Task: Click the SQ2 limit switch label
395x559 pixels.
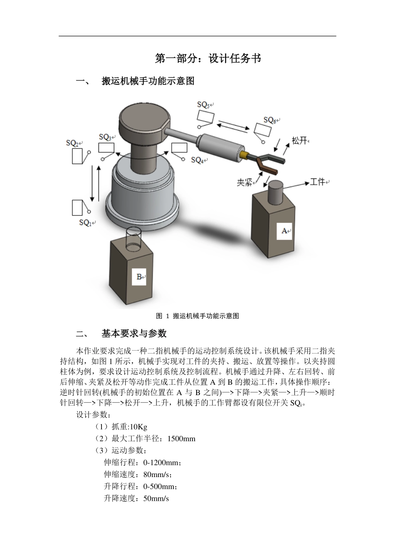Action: (x=74, y=143)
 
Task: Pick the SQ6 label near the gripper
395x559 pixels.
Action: (x=270, y=120)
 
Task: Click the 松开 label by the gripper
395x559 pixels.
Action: (x=299, y=141)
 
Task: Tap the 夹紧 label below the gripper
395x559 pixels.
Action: (x=244, y=182)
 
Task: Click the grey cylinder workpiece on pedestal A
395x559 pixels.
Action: (x=275, y=192)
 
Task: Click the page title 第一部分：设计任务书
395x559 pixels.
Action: (x=208, y=59)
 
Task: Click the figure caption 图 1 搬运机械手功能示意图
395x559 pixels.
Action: (x=197, y=316)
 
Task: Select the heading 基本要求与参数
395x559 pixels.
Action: (x=134, y=333)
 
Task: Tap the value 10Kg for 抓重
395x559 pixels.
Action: (x=138, y=427)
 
